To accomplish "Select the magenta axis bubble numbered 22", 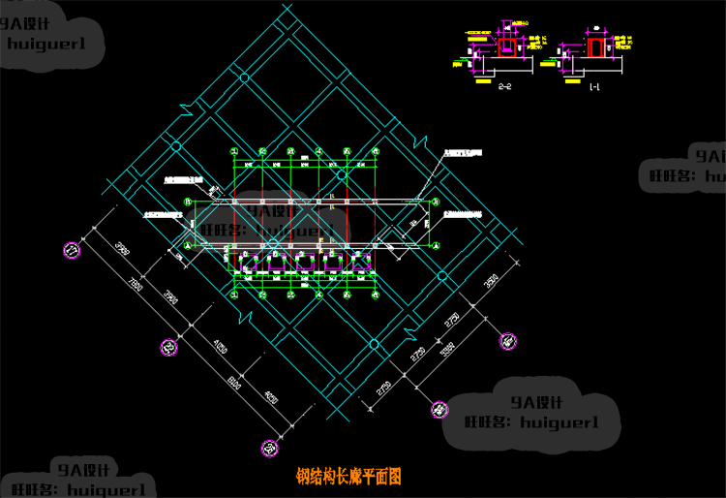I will click(168, 347).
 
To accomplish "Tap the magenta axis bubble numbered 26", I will click(268, 447).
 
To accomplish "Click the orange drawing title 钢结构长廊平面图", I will click(348, 478).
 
